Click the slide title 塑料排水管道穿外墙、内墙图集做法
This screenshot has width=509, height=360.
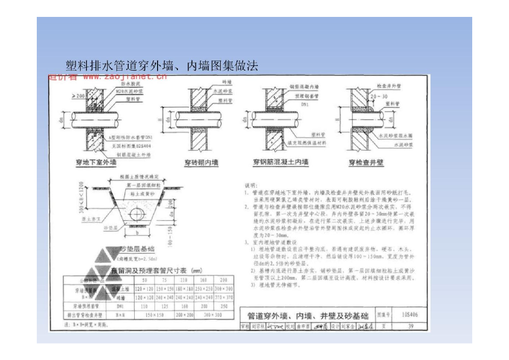[x=162, y=66]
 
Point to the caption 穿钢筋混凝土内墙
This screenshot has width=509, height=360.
[x=280, y=162]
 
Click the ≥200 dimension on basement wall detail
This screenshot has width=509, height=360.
[x=78, y=94]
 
